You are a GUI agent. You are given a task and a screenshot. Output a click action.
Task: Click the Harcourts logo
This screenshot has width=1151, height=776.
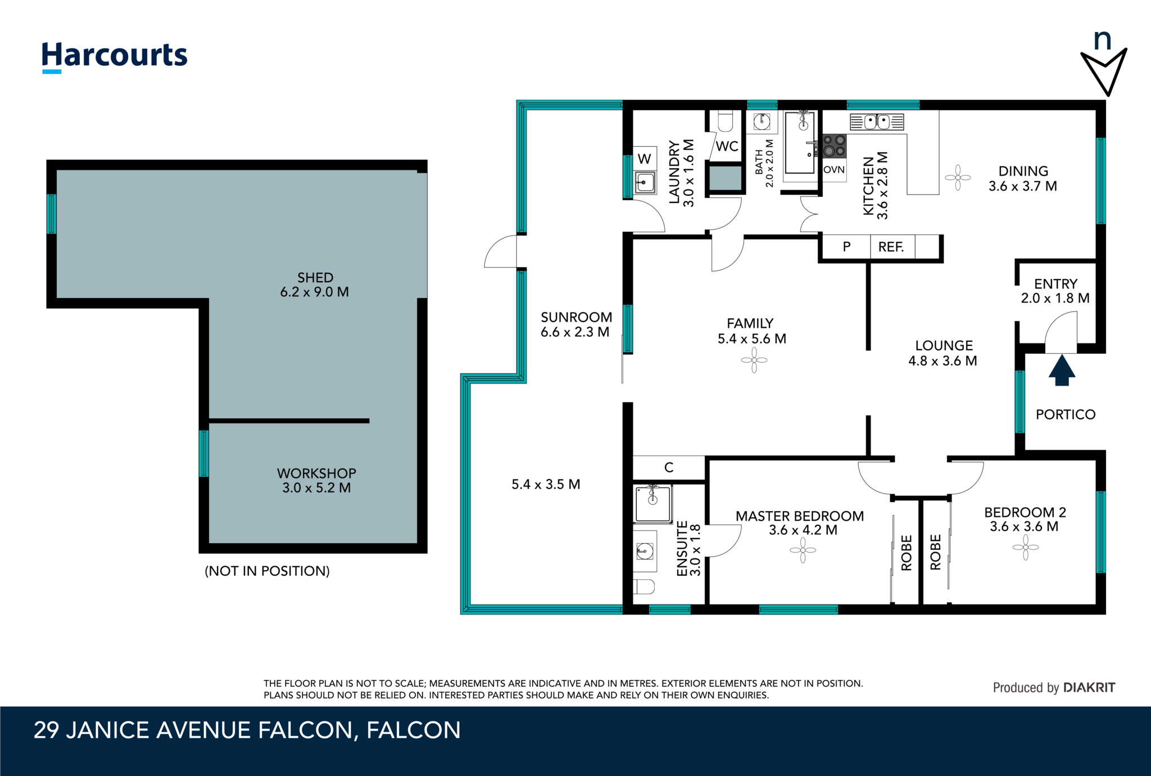[x=115, y=56]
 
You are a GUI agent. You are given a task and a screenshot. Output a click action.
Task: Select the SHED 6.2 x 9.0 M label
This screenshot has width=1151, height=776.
[x=315, y=285]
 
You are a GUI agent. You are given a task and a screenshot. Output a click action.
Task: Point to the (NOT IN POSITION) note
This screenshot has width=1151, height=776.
[x=267, y=571]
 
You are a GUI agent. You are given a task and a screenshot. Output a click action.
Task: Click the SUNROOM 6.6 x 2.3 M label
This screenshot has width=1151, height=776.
[x=575, y=324]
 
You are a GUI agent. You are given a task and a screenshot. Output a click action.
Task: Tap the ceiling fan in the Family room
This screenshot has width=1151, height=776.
[x=754, y=360]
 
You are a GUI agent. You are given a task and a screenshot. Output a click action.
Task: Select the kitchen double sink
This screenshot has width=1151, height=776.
[x=877, y=121]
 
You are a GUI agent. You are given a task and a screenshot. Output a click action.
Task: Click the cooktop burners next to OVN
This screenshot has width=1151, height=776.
[x=834, y=146]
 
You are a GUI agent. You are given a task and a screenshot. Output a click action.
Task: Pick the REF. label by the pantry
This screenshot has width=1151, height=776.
[x=891, y=247]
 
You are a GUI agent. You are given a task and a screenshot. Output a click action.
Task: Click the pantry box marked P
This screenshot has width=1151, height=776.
[x=846, y=247]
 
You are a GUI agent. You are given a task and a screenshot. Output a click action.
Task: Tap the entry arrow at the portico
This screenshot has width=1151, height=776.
[x=1062, y=371]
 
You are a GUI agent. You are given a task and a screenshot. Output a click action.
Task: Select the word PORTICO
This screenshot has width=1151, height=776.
[x=1066, y=414]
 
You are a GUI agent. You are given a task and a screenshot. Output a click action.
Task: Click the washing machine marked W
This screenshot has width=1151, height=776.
[x=645, y=159]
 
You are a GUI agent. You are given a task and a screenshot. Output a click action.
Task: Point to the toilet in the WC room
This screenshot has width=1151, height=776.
[x=726, y=121]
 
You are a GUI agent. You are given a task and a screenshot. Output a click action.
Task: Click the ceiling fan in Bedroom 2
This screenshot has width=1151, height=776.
[x=1026, y=547]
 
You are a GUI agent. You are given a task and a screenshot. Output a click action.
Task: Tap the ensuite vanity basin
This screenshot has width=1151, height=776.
[x=645, y=551]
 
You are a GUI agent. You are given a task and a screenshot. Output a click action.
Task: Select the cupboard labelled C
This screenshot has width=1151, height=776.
[x=669, y=467]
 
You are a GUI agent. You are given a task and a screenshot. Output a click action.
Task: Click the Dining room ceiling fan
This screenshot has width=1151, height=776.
[x=958, y=178]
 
